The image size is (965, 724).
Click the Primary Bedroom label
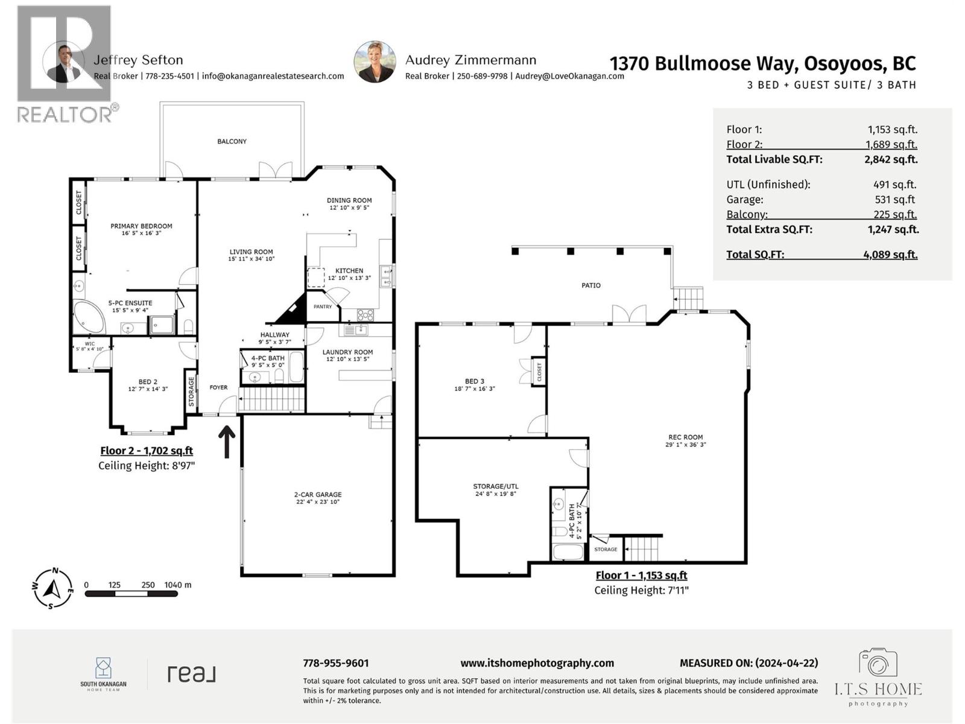pos(141,226)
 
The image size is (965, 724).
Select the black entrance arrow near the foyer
pos(227,442)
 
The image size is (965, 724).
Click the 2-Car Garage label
pos(318,494)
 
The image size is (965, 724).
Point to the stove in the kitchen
pos(365,314)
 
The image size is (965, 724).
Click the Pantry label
pos(323,306)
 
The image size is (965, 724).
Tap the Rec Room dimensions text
pos(685,445)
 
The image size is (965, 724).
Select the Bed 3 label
pos(474,381)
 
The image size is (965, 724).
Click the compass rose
pos(53,589)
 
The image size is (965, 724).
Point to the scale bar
pos(131,594)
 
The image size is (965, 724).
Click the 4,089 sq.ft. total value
pos(890,255)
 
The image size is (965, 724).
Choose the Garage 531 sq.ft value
pos(895,200)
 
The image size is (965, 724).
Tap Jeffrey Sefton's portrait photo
pos(63,62)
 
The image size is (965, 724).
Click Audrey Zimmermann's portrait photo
pos(375,62)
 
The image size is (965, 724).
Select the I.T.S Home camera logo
pos(878,664)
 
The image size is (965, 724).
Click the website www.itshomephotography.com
pos(537,663)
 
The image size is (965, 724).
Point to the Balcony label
pos(232,141)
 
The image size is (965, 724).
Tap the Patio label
pos(590,285)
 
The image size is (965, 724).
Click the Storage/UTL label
pos(495,486)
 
